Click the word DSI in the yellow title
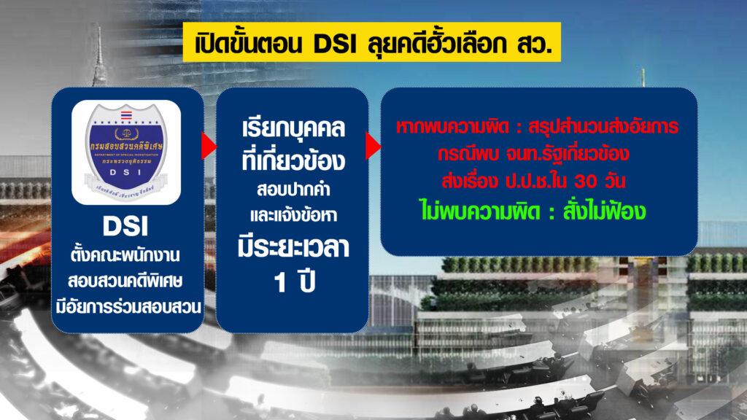coord(334,44)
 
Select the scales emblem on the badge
coord(126,134)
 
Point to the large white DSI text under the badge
coord(125,227)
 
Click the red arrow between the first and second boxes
coord(208,146)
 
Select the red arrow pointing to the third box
coord(373,146)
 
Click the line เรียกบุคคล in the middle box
coord(293,129)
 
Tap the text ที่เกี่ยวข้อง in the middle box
coord(293,160)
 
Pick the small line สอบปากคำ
coord(293,190)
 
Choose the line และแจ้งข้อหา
coord(293,215)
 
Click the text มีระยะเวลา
coord(293,248)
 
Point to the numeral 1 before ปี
coord(279,282)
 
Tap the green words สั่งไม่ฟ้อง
coord(604,211)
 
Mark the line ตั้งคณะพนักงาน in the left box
coord(125,255)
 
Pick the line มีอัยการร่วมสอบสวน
coord(128,308)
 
